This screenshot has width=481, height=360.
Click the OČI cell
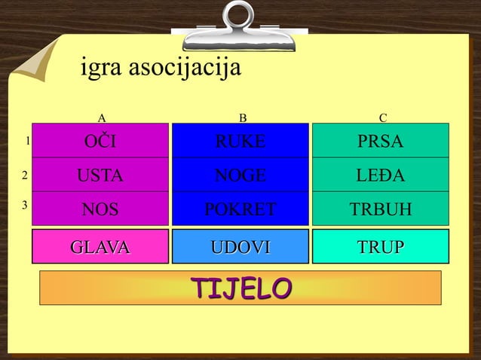click(x=100, y=142)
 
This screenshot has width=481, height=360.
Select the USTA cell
click(x=100, y=176)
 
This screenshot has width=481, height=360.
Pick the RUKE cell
click(x=240, y=142)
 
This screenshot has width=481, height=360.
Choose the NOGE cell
click(x=240, y=176)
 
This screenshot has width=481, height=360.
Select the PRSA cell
click(x=381, y=142)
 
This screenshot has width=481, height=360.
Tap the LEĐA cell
click(x=381, y=176)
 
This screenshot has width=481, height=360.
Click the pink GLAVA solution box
click(x=100, y=246)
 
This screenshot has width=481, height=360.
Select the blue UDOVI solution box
click(x=240, y=246)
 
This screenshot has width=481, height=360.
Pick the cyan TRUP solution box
click(x=381, y=246)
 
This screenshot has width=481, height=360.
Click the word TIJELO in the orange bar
click(x=240, y=288)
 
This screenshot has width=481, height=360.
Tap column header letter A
click(x=102, y=117)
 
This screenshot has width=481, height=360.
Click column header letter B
click(x=242, y=117)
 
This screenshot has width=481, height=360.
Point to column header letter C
click(x=383, y=117)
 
